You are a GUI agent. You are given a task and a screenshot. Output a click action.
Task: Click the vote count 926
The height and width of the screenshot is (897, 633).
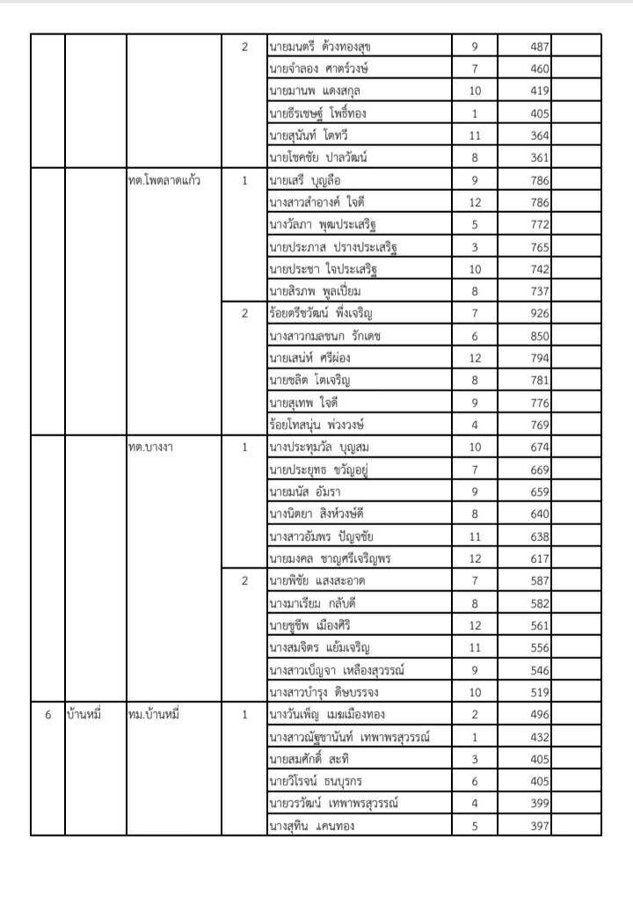pos(539,313)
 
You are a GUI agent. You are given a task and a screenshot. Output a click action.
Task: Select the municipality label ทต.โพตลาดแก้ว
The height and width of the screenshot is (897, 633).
pos(164,180)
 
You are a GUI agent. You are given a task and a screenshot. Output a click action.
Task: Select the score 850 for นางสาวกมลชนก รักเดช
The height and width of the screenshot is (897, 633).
pos(539,335)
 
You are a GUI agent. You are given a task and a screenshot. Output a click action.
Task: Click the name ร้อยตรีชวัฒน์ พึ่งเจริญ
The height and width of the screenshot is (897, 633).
pos(321,313)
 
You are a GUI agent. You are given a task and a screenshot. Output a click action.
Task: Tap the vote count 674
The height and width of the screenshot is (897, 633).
pos(539,447)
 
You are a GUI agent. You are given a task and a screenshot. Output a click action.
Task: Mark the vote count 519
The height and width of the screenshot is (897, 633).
pos(539,691)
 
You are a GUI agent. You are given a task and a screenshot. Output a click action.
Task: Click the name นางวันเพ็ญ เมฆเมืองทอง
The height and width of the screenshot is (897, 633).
pos(329,714)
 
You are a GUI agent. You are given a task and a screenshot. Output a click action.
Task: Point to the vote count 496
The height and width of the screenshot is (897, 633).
pos(539,714)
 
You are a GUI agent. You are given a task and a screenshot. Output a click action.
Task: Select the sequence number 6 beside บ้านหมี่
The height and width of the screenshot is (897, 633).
pos(47,714)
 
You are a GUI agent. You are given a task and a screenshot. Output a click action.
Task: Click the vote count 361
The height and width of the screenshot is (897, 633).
pos(539,157)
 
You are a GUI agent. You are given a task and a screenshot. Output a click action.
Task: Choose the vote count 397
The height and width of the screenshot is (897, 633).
pos(539,825)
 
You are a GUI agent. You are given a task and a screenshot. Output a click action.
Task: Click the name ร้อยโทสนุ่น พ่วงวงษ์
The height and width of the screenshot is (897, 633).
pos(316,425)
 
